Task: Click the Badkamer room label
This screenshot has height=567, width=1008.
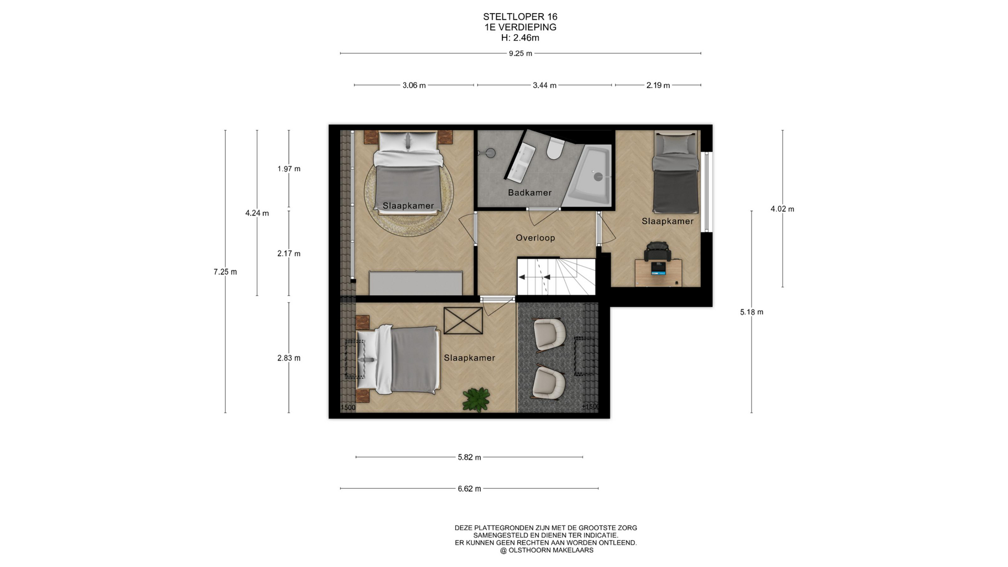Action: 530,193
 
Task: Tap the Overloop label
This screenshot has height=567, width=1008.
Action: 535,238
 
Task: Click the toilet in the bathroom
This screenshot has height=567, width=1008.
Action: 554,149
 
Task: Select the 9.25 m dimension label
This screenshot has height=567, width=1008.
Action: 520,54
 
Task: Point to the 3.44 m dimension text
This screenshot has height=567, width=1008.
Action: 544,86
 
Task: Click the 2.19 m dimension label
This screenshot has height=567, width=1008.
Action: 658,86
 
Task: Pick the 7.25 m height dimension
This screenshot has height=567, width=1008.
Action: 225,272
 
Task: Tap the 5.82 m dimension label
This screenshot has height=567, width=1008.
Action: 469,458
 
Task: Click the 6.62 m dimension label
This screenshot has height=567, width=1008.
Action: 469,489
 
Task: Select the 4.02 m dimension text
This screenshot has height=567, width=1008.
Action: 782,209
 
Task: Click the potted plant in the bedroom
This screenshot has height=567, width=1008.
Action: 476,399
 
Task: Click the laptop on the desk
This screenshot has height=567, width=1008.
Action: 658,269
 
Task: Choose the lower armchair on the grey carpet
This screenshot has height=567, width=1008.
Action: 549,382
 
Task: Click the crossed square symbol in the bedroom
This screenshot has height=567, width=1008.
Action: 463,321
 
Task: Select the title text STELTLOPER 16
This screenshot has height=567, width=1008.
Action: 520,17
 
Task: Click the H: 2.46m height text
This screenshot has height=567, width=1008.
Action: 520,38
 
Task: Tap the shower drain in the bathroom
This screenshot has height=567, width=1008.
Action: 598,177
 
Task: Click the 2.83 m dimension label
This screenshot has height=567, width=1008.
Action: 289,359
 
